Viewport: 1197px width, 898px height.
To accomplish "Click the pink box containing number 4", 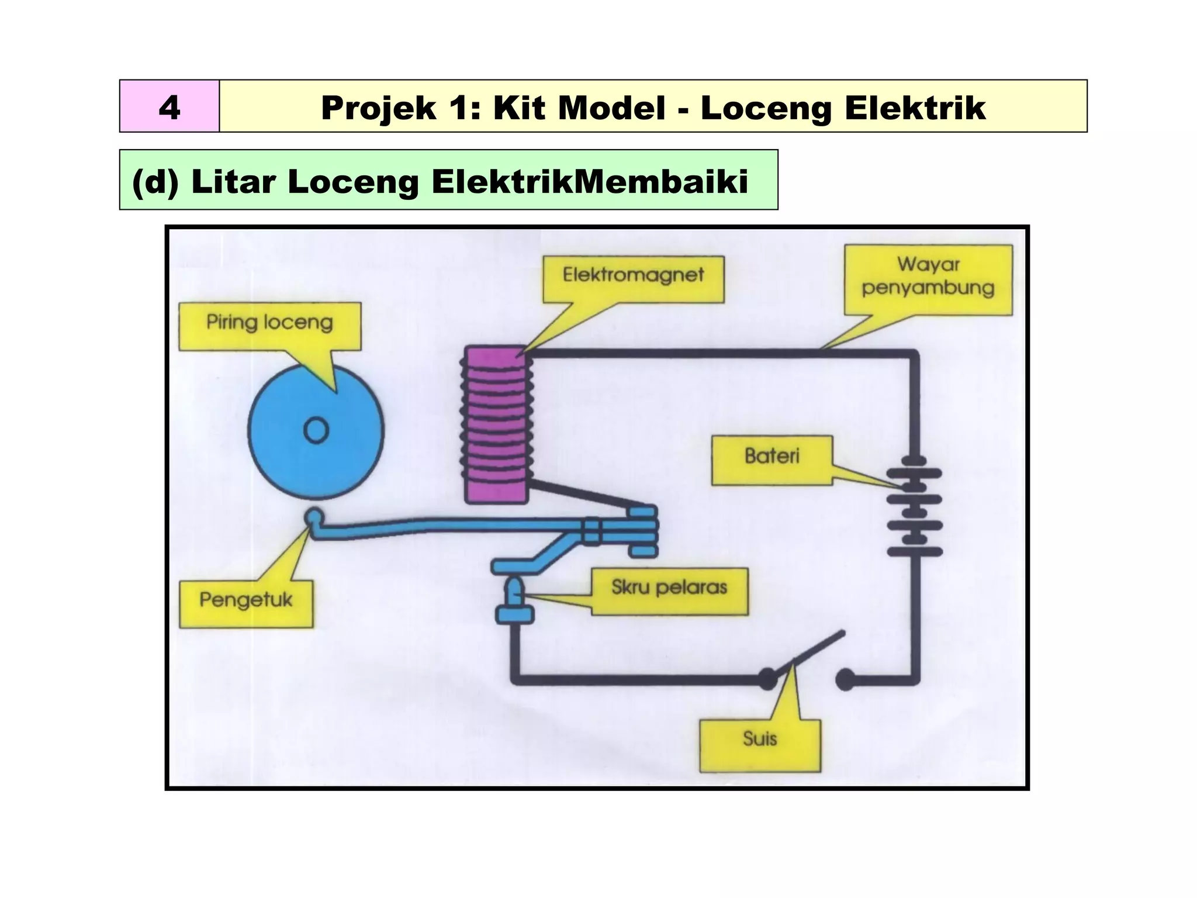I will [x=169, y=106].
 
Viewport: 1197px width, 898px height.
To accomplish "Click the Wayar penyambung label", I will [x=928, y=277].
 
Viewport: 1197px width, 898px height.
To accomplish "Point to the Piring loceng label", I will [x=269, y=324].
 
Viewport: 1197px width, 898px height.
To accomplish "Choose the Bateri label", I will [x=772, y=460].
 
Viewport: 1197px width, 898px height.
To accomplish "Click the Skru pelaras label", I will [x=669, y=590].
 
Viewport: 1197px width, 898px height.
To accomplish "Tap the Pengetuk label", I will [x=246, y=603].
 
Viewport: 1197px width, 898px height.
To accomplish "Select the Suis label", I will [x=760, y=744].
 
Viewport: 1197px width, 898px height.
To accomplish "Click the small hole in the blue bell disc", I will [x=316, y=431].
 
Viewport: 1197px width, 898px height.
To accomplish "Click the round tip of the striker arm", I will [x=314, y=517].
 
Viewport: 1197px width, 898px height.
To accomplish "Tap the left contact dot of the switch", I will [x=768, y=679].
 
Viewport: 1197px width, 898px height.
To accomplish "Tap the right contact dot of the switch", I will [x=845, y=679].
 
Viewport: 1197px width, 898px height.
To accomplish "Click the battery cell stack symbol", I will [x=915, y=512].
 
